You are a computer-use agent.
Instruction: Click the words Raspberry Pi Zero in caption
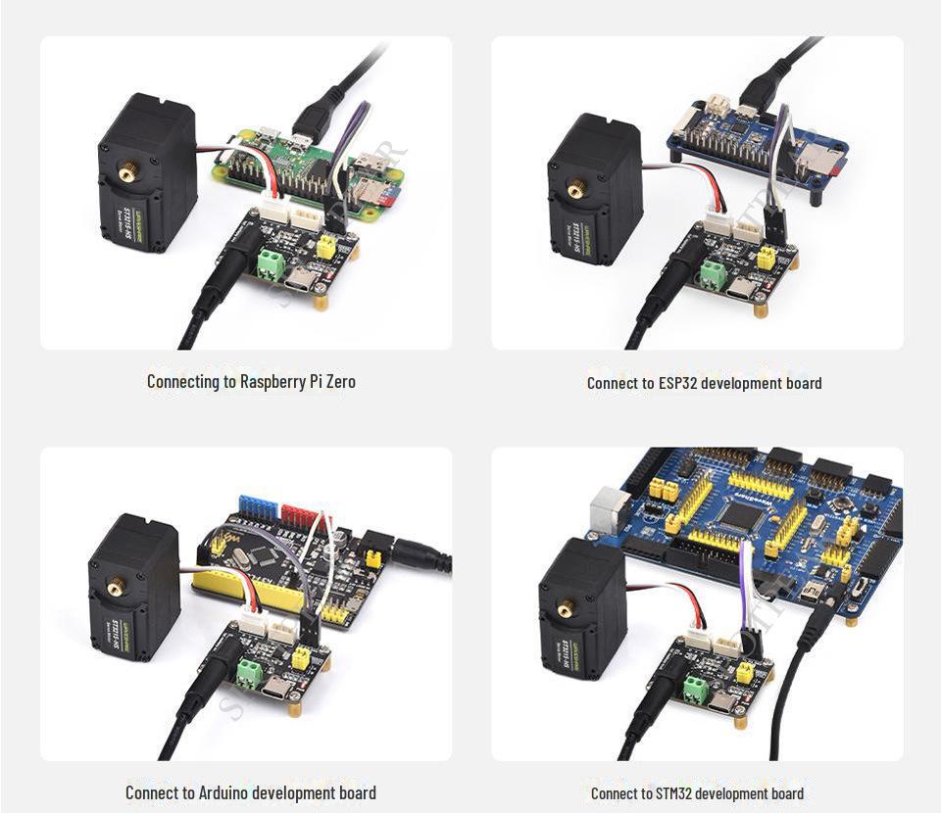297,381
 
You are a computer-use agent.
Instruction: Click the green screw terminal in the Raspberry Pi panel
268,263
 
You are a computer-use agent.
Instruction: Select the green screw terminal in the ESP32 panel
714,275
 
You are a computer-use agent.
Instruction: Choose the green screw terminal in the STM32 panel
697,689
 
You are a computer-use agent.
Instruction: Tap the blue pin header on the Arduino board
258,506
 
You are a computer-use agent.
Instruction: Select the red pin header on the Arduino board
299,513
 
